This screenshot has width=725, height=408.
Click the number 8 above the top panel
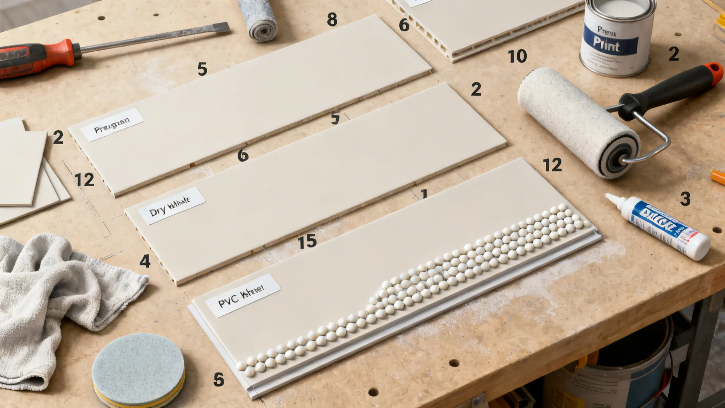tap(332, 20)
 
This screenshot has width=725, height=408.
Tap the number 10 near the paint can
tap(517, 57)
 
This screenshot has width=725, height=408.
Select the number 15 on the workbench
tap(307, 241)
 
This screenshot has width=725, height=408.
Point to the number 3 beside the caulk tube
tap(685, 199)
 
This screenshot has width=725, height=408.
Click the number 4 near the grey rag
tap(145, 261)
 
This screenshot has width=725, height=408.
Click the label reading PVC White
tap(243, 295)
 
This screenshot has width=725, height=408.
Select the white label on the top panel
tap(112, 125)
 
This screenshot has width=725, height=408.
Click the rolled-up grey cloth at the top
tap(259, 21)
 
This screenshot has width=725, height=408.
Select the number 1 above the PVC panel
tap(424, 194)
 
